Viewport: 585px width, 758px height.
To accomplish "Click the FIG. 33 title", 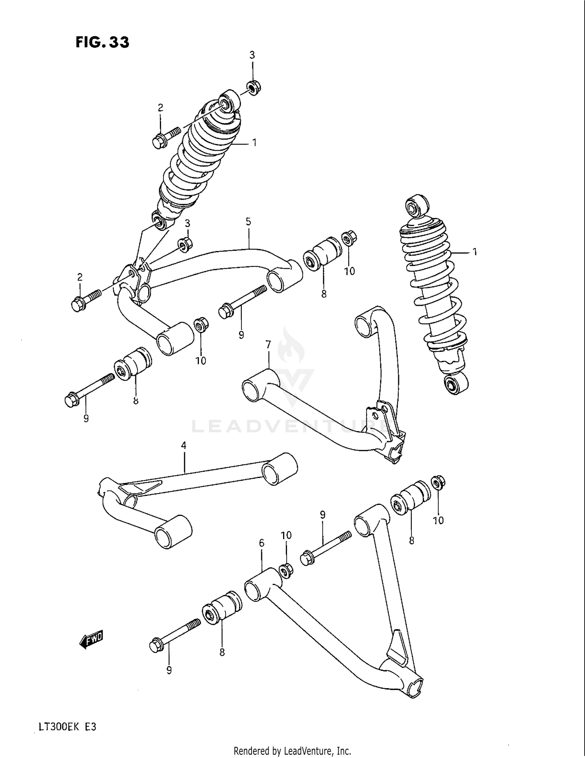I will (102, 42).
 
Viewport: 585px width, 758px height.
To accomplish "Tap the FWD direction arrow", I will (90, 639).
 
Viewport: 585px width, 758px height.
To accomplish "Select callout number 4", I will (184, 446).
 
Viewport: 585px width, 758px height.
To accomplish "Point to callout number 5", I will (248, 222).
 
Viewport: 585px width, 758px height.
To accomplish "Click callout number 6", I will (261, 543).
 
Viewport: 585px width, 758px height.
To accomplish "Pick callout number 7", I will (268, 344).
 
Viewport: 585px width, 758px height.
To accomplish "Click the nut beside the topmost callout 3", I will (254, 87).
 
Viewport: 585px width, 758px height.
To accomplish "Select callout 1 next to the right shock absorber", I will (475, 252).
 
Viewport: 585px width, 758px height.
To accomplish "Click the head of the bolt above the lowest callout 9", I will (156, 646).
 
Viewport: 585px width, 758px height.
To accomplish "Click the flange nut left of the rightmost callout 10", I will (438, 483).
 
